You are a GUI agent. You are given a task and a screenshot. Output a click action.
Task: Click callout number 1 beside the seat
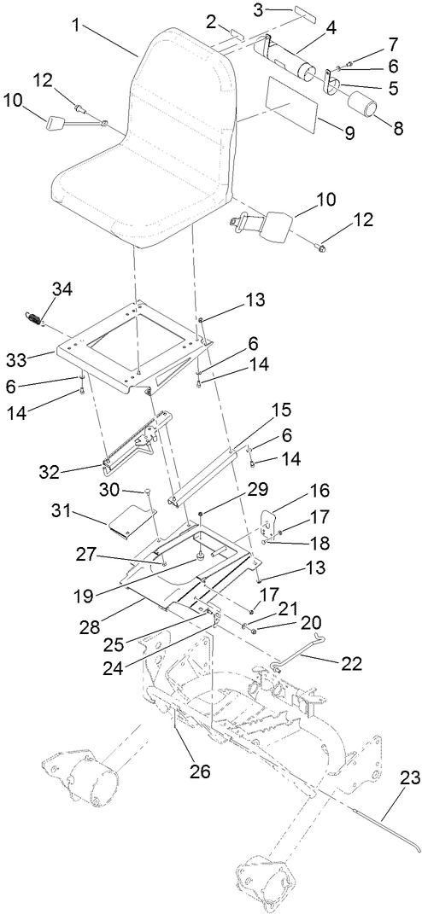coord(76,26)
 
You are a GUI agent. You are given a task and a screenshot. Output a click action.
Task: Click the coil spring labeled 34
coord(31,318)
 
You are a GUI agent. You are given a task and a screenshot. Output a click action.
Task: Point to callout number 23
coord(407,778)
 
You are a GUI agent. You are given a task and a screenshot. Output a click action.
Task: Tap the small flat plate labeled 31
coord(129,521)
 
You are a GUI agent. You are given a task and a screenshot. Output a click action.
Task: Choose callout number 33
coord(39,355)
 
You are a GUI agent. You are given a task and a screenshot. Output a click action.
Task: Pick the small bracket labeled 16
coord(272,521)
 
